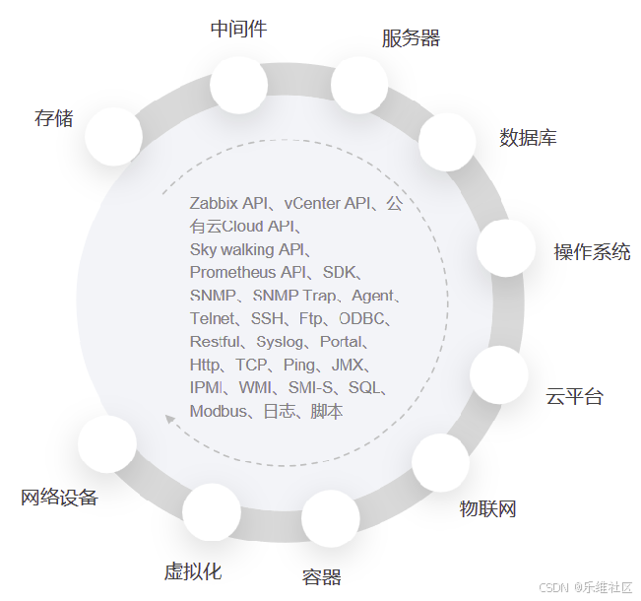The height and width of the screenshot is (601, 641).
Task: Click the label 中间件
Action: point(238,29)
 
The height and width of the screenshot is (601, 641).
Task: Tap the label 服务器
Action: point(411,38)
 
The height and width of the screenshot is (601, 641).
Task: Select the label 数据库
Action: point(528,138)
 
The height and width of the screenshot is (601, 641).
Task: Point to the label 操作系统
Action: point(592,251)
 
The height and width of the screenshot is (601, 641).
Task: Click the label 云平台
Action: point(574,397)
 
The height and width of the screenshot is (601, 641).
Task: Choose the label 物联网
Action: point(487,508)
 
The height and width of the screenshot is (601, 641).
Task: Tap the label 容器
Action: point(321,576)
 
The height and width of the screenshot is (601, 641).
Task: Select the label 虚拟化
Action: point(192,571)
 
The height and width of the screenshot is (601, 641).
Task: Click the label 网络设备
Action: point(59,498)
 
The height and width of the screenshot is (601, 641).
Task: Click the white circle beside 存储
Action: point(113,136)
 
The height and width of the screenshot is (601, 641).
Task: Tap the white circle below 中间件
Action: point(239,84)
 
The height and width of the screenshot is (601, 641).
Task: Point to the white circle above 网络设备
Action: point(106,444)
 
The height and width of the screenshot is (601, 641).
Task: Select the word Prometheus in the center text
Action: point(232,272)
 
